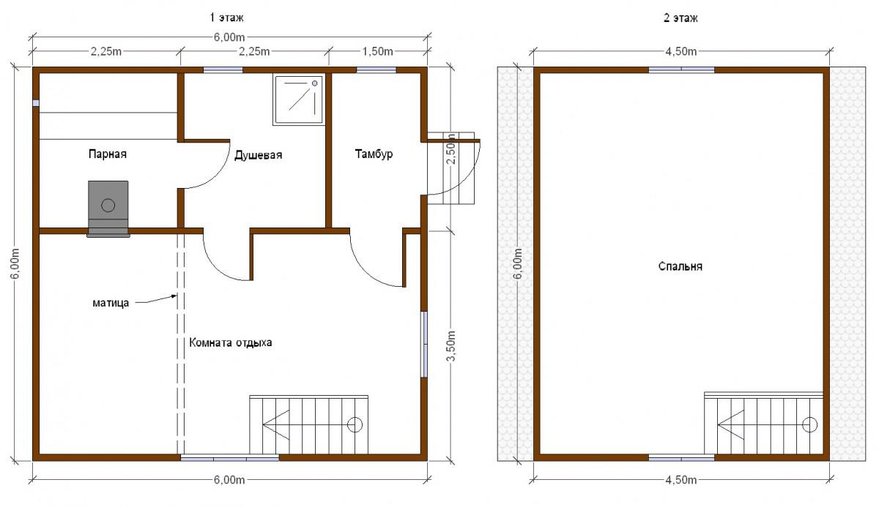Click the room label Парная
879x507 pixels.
[108, 154]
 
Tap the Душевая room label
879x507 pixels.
[258, 155]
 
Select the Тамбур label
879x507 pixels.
[374, 154]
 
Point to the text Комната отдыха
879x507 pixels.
[231, 343]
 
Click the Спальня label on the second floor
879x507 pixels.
[680, 266]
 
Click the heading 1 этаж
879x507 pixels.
[226, 18]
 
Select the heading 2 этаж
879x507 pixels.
[680, 18]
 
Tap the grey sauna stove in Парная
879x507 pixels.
[108, 209]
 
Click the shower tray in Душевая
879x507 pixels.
[299, 100]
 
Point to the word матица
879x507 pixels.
[111, 303]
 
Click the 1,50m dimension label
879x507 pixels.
[377, 51]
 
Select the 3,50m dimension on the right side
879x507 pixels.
[451, 346]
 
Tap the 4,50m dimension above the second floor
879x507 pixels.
[680, 51]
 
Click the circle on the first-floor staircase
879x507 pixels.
[355, 424]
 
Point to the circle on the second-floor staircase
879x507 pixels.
[809, 424]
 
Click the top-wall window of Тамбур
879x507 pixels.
[376, 70]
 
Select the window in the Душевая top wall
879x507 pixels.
[223, 70]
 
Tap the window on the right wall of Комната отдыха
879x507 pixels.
[424, 344]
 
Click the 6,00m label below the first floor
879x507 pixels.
[229, 480]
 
